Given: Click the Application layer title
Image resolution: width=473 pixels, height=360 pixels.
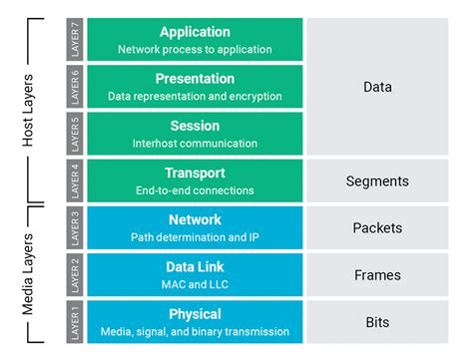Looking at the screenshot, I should point(195,31).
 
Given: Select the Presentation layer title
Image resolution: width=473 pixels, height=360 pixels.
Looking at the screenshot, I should point(195,79).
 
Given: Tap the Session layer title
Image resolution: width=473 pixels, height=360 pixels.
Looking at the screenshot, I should point(195,127).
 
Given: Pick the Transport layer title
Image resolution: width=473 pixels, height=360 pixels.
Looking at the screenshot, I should point(195,173).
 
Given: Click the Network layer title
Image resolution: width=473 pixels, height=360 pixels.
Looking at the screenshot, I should point(195,219).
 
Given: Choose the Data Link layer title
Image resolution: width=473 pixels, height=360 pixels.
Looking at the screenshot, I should point(195,266).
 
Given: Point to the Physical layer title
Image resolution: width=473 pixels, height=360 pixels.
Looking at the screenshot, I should point(195,314).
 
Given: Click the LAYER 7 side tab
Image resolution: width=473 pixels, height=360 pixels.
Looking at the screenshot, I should point(75,38).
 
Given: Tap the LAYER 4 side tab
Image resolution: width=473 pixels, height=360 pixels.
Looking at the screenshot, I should point(75,180).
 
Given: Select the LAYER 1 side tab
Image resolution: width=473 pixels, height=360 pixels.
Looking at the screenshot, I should point(75,321).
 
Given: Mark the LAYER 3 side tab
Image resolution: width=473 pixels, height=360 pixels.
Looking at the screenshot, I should point(75,226).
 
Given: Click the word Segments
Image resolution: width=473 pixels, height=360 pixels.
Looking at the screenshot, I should point(377,180).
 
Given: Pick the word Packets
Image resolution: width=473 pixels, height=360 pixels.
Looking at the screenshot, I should point(377,227).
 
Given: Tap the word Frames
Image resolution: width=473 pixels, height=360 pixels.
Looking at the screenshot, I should point(377,275).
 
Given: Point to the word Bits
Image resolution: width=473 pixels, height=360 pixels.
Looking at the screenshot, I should point(377,322).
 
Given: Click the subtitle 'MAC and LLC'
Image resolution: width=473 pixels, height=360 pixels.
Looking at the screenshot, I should point(195,284).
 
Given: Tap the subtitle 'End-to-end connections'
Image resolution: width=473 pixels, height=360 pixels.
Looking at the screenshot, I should point(195,189).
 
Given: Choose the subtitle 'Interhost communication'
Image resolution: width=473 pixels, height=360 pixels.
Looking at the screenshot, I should point(195,144).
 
